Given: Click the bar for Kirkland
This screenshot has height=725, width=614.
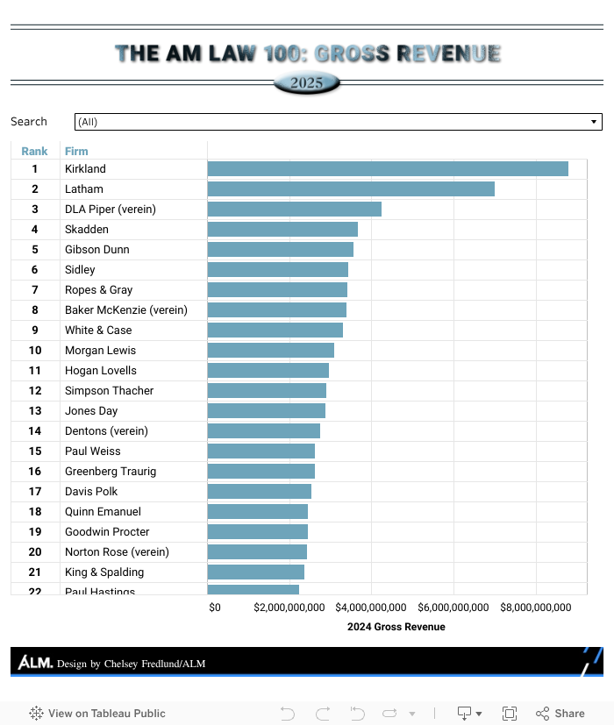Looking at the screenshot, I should (388, 169).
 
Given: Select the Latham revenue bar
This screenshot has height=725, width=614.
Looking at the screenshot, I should (351, 189).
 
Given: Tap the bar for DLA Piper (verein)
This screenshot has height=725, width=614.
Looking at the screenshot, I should (294, 210).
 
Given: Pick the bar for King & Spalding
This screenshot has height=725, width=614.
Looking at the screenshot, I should (255, 572).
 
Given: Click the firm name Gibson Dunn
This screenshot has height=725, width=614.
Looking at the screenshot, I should (96, 250).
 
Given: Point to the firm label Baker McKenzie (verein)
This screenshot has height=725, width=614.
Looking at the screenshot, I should (125, 310).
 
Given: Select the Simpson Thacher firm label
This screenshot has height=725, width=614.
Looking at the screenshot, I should (109, 391).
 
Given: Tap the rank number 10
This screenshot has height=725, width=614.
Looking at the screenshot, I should (35, 351).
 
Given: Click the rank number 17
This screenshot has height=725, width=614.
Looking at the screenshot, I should (35, 492).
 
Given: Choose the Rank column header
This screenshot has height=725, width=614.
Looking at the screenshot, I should (34, 152).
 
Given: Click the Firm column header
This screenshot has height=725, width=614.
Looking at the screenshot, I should (76, 152).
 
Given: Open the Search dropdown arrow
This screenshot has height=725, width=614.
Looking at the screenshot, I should (594, 122).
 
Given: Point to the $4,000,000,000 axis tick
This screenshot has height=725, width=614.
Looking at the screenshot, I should (371, 608).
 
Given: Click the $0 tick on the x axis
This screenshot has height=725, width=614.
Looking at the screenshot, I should (215, 608).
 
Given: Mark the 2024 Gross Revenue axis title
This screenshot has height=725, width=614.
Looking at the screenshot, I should (396, 627).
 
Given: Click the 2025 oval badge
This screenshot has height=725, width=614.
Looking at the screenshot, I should (307, 84).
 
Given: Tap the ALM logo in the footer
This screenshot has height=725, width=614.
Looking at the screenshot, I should (35, 663).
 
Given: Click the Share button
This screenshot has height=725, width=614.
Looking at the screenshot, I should (560, 714).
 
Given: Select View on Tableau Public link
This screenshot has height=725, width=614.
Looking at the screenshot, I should (97, 714).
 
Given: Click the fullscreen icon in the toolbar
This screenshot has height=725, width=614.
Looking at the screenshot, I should (510, 714).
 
